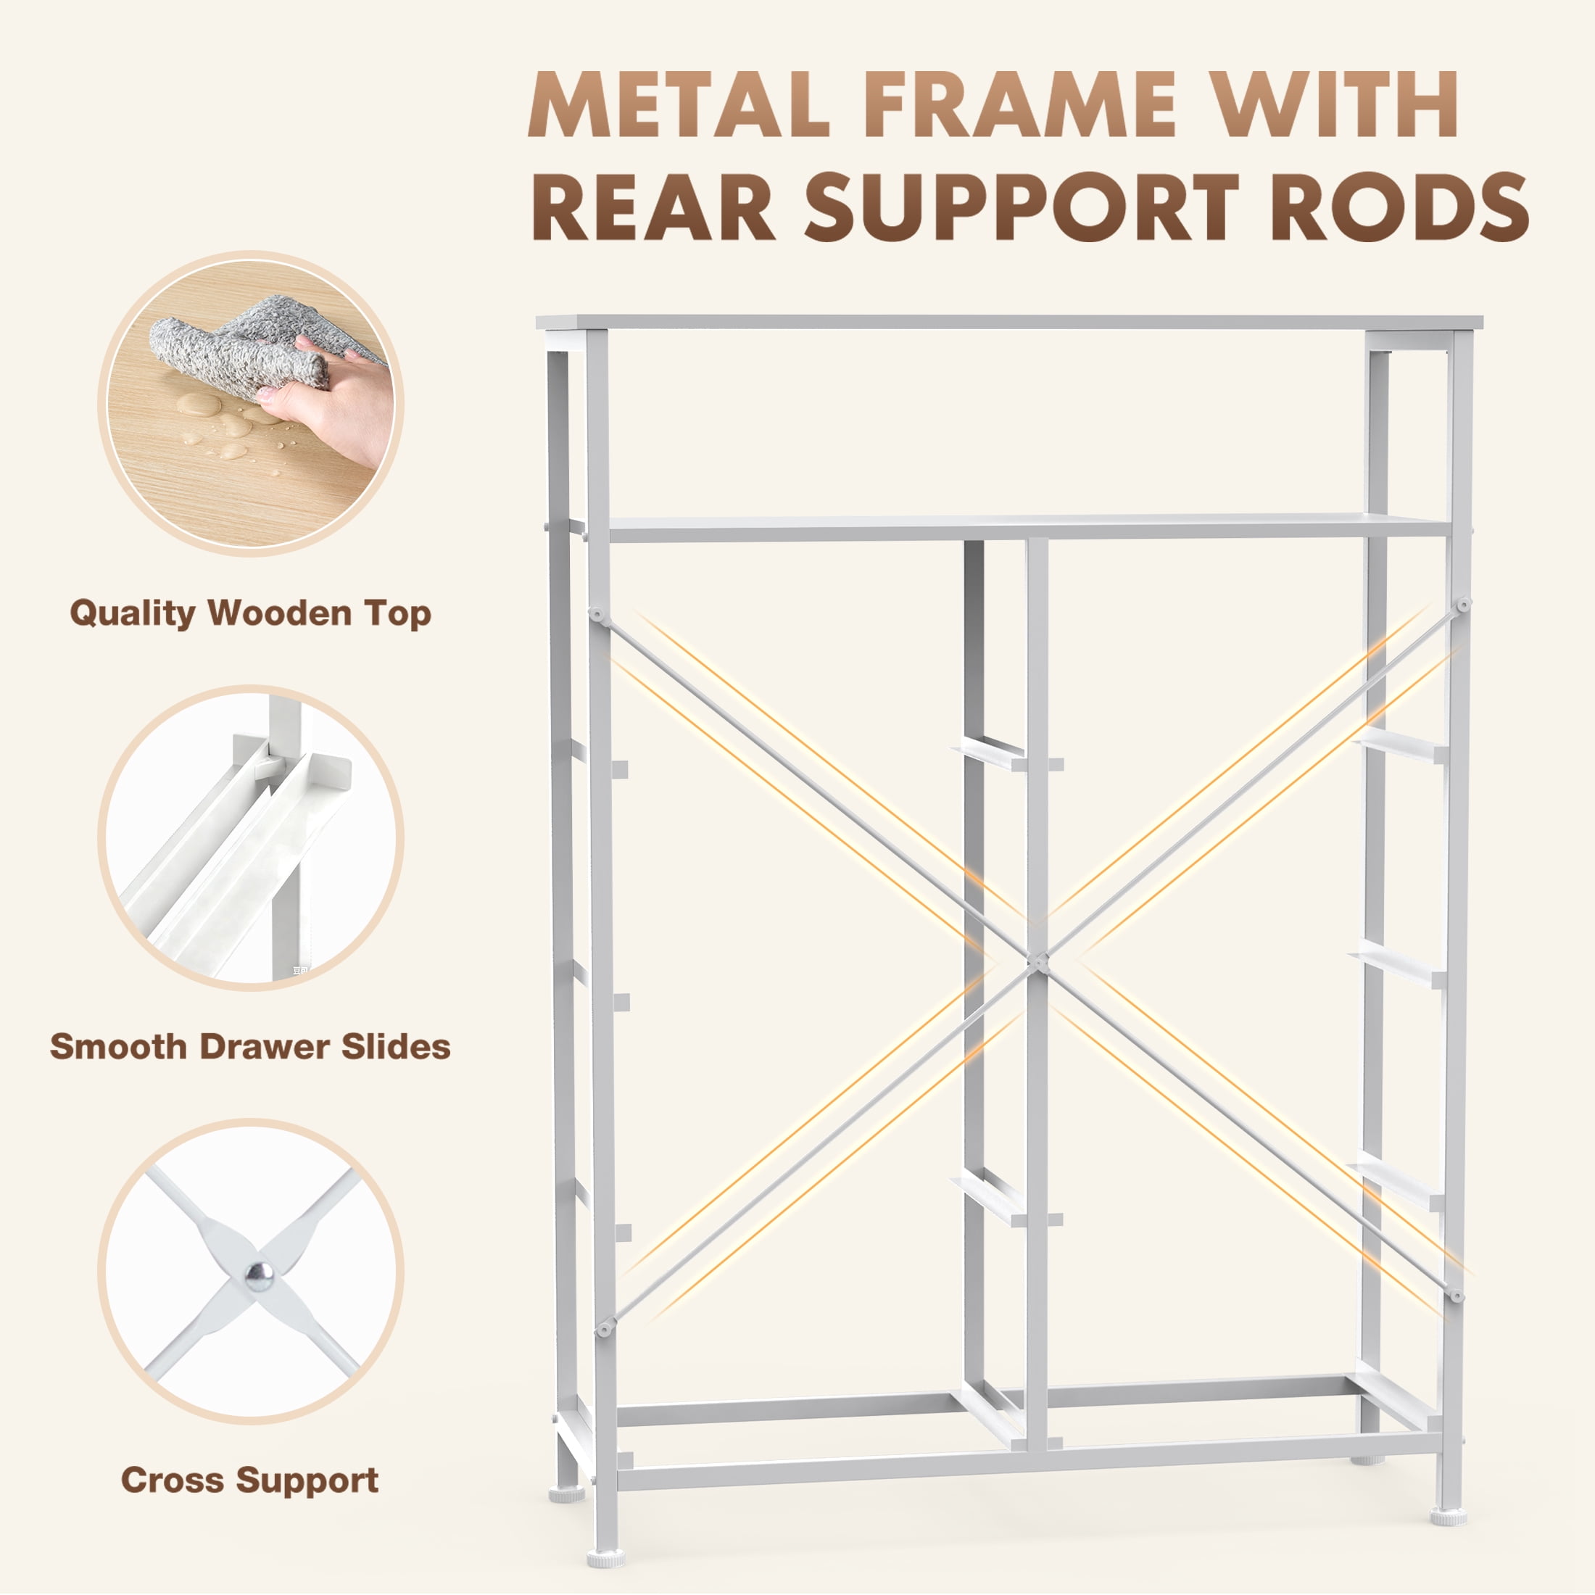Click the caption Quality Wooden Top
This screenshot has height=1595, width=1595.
pos(250,613)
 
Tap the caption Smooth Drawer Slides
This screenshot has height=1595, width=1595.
pos(250,1046)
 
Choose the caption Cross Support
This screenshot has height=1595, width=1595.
pos(249,1480)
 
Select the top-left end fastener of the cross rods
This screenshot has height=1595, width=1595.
pos(594,614)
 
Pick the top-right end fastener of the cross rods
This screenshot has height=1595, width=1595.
pos(1464,605)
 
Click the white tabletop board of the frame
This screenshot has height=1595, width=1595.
pos(1009,322)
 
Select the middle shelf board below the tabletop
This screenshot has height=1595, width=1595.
pos(1029,528)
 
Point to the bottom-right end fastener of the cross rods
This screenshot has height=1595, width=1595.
pos(1457,1296)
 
